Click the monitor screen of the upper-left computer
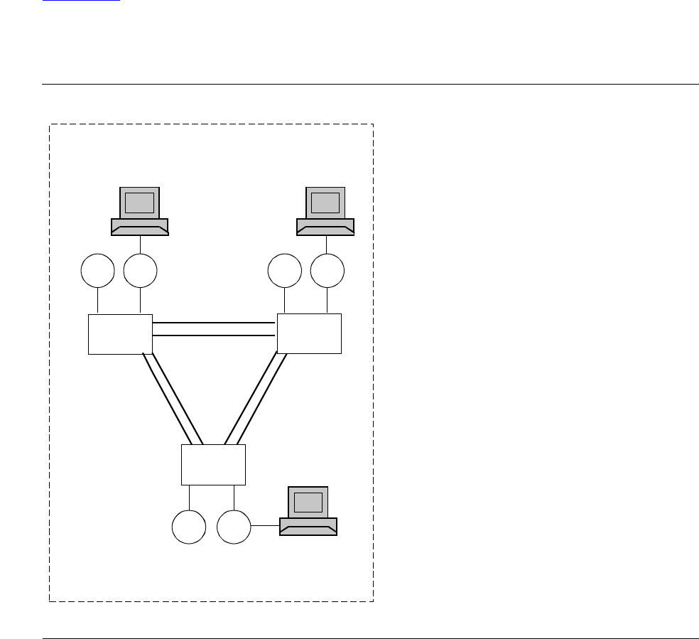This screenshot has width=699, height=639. click(139, 203)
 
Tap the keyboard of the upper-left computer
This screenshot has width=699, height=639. click(140, 227)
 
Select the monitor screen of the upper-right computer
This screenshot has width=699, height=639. click(325, 203)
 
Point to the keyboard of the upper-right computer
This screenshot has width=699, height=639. click(325, 227)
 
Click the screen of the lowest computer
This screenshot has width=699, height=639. click(308, 503)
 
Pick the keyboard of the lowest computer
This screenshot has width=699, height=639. click(308, 527)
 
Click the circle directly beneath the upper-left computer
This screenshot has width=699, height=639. click(140, 271)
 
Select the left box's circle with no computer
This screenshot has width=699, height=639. click(97, 271)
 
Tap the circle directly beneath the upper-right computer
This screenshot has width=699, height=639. click(327, 271)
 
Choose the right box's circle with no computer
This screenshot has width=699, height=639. click(284, 271)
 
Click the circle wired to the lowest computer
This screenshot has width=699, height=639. click(234, 527)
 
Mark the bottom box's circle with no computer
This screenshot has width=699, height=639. click(189, 527)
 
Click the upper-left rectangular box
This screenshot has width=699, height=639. click(120, 333)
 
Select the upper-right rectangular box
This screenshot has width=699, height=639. click(309, 333)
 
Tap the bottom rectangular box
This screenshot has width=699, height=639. click(213, 464)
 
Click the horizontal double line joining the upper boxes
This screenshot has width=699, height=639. click(214, 328)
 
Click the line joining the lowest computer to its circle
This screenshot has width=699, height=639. click(265, 526)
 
